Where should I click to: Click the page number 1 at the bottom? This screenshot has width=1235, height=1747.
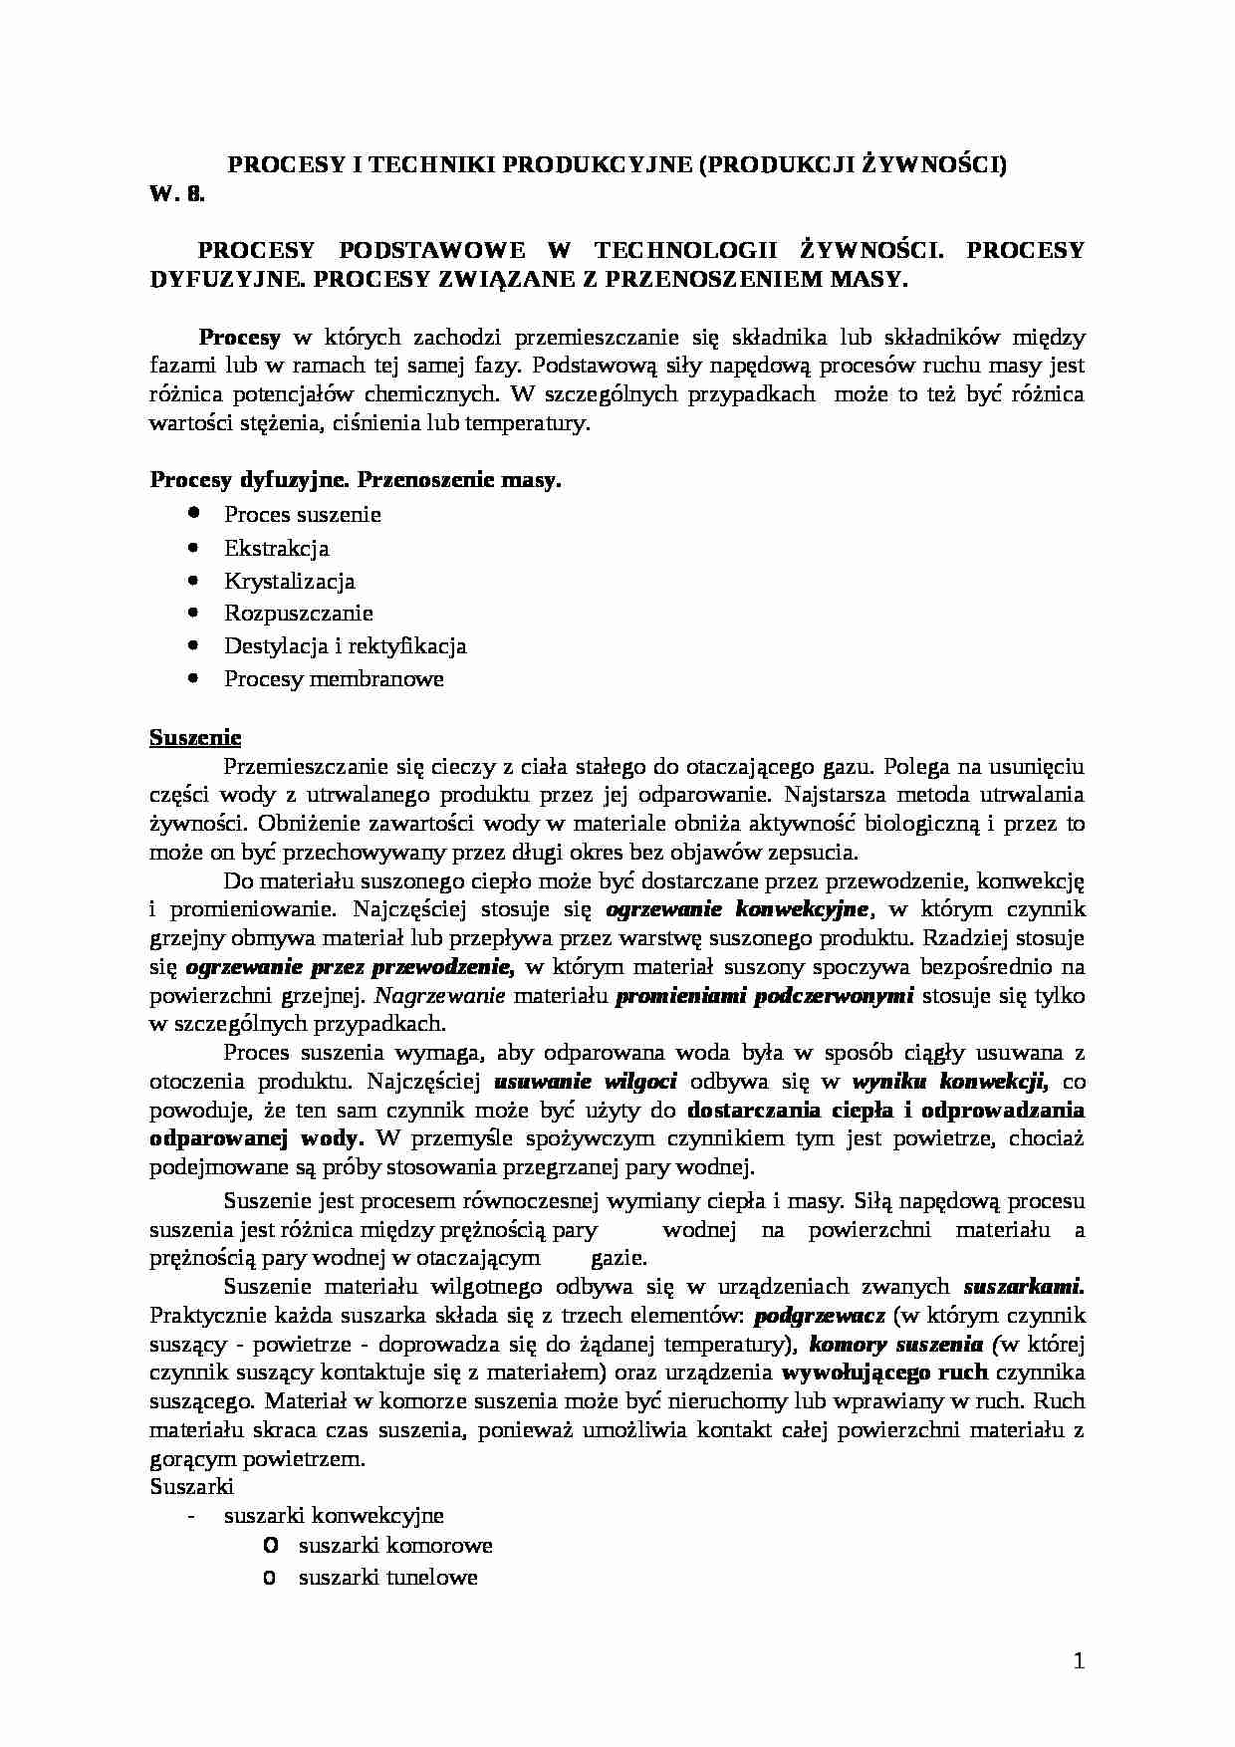point(1078,1660)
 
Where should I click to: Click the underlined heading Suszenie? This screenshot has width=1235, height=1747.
point(195,738)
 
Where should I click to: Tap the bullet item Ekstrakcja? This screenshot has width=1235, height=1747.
point(276,549)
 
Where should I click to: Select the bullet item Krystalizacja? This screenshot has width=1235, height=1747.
point(289,582)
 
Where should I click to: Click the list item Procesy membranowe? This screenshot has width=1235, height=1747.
point(334,679)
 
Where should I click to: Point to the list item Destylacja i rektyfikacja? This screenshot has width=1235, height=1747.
point(345,646)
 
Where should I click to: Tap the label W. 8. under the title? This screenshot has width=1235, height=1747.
point(177,196)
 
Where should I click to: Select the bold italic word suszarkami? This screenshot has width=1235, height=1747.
point(1024,1286)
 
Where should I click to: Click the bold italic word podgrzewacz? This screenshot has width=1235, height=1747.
point(820,1315)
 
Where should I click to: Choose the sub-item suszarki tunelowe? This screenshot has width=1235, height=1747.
point(387,1578)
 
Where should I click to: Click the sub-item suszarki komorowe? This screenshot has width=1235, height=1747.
point(395,1546)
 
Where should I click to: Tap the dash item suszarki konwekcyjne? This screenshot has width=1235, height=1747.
point(334,1516)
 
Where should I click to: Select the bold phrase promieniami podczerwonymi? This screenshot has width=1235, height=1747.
point(765,995)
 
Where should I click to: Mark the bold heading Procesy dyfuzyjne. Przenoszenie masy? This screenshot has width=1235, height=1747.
point(356,480)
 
